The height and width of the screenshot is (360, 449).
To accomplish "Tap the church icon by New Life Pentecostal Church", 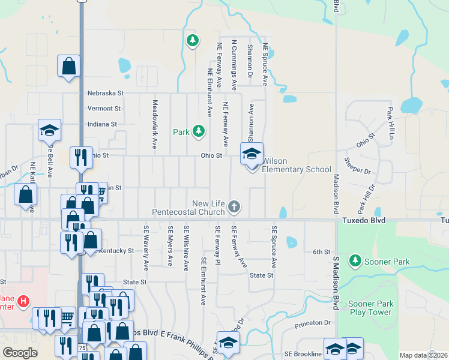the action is pos(235,208).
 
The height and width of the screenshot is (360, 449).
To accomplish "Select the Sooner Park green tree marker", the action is pos(355,260).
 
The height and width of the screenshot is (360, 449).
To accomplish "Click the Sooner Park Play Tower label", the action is pos(371,308).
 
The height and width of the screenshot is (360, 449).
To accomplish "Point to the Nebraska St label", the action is pos(105,93).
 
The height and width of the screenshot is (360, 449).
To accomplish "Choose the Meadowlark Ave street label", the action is pos(154,124).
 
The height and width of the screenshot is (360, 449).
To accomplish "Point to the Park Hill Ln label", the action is pos(391,124).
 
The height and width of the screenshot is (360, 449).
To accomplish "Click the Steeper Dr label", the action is pos(360,166).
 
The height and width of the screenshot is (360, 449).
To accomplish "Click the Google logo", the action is pos(20,353).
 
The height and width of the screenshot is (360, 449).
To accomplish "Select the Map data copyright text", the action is pos(423,355).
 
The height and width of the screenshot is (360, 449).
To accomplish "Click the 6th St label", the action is pos(322,252).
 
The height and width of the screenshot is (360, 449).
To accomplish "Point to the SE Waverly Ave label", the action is pos(146,248).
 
